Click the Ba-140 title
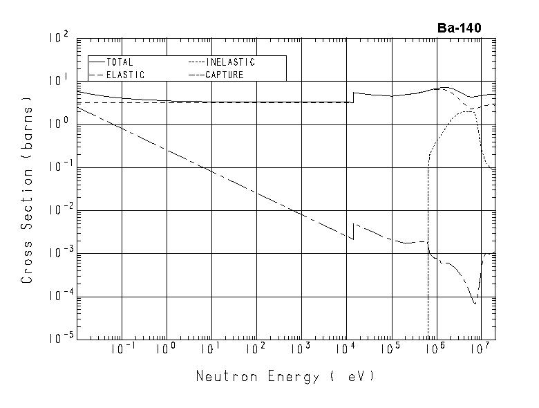tap(459, 28)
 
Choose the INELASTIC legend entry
tap(230, 62)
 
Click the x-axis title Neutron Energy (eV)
tap(284, 377)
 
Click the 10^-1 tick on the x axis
tap(122, 351)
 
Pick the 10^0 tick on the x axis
tap(167, 351)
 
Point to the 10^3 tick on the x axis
tap(301, 351)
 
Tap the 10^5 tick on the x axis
tap(390, 351)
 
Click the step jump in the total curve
tap(353, 98)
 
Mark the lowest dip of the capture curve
tap(475, 303)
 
